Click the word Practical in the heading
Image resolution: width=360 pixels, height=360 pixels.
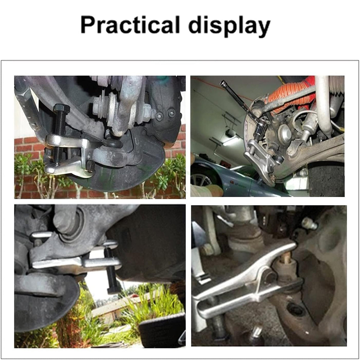pyautogui.click(x=130, y=25)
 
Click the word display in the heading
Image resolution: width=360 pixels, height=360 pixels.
pyautogui.click(x=229, y=26)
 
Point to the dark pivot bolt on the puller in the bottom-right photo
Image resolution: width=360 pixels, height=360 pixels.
pyautogui.click(x=270, y=278)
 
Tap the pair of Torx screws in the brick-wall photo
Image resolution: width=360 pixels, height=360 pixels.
pyautogui.click(x=166, y=114)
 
